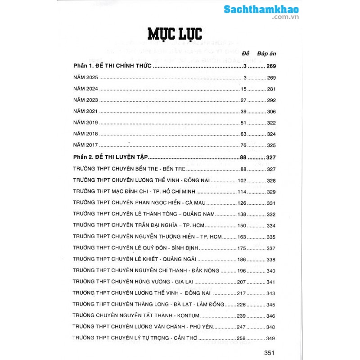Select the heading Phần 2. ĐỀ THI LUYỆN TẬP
(111, 157)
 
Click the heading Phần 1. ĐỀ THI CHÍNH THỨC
(113, 67)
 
